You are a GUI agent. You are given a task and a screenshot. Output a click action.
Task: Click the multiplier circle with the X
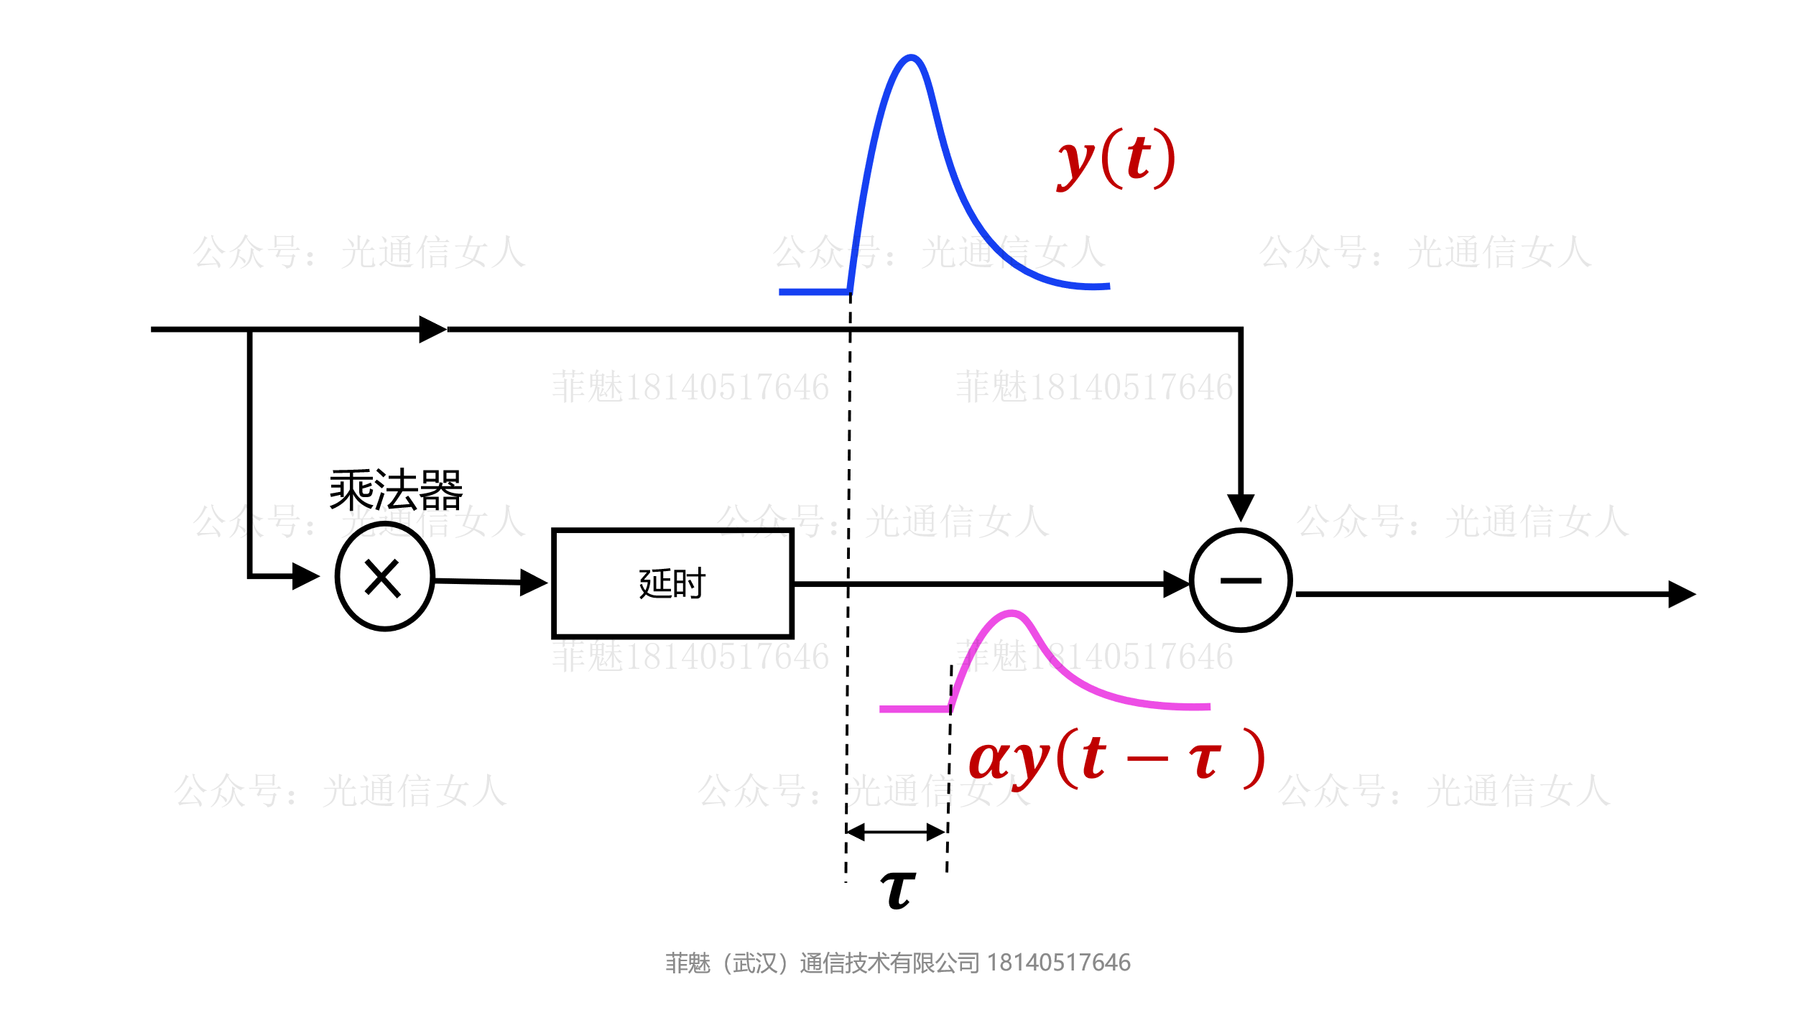[384, 577]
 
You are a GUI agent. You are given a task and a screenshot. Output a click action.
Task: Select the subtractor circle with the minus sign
[1241, 580]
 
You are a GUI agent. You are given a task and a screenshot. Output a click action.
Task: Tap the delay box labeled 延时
[672, 583]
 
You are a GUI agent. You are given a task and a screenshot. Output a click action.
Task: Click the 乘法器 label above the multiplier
[396, 490]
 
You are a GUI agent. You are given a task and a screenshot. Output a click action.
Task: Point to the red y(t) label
[1116, 159]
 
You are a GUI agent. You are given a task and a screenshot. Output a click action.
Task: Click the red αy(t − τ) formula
[1116, 760]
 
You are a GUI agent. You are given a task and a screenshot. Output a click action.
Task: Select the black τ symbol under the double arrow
[898, 890]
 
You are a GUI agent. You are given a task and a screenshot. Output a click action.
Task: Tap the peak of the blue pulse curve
[911, 57]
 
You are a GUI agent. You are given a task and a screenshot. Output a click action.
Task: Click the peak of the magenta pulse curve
[1012, 613]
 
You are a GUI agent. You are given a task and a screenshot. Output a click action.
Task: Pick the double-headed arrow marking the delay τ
[896, 832]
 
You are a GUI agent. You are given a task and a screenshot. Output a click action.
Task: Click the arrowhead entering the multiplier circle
[306, 576]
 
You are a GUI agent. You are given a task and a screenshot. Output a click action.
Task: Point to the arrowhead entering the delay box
[534, 582]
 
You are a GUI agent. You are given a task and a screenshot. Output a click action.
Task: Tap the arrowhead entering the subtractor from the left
[1176, 584]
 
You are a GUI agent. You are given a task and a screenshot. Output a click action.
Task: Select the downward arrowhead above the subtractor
[1241, 507]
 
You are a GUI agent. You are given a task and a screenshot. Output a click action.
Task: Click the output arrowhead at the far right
[1682, 594]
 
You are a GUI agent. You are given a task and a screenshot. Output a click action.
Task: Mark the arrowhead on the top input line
[432, 329]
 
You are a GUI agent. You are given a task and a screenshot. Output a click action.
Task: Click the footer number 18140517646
[1058, 963]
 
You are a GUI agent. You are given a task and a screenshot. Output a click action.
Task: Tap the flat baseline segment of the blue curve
[814, 292]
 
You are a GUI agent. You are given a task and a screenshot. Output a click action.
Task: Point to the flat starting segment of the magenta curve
[914, 709]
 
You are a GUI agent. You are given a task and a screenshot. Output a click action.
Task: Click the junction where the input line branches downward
[249, 330]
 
